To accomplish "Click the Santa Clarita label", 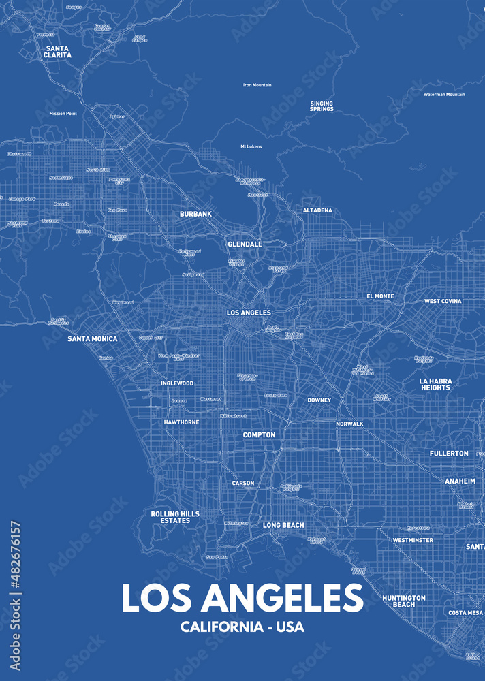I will click(x=58, y=52).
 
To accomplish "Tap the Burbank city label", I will click(x=195, y=214).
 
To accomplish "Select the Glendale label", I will click(x=245, y=244).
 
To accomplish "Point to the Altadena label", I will click(x=317, y=210).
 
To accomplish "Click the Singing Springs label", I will click(x=322, y=106).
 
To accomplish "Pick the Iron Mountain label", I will click(x=257, y=85).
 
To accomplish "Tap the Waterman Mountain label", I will click(x=444, y=95).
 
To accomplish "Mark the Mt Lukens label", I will click(x=251, y=146).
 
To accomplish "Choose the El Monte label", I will click(x=380, y=296).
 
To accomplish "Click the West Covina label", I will click(x=443, y=301).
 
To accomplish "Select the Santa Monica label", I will click(x=92, y=338).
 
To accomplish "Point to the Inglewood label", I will click(x=177, y=383).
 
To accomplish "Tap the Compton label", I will click(x=260, y=434).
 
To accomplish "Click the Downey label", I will click(x=319, y=400).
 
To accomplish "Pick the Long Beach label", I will click(x=283, y=525).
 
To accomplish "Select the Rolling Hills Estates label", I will click(x=175, y=517).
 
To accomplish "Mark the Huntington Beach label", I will click(x=404, y=601).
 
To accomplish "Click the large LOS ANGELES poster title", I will click(x=242, y=597).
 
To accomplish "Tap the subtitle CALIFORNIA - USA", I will click(x=242, y=627).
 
